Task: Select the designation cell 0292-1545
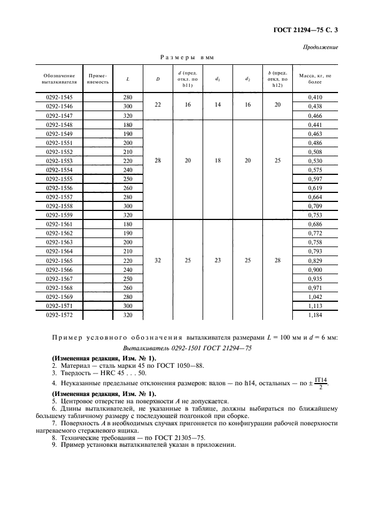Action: (x=59, y=98)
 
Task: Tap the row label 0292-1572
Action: (x=59, y=315)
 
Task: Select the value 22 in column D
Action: (x=157, y=105)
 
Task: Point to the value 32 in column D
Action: (x=157, y=261)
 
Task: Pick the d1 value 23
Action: (x=217, y=261)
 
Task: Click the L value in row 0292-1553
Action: (x=128, y=160)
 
